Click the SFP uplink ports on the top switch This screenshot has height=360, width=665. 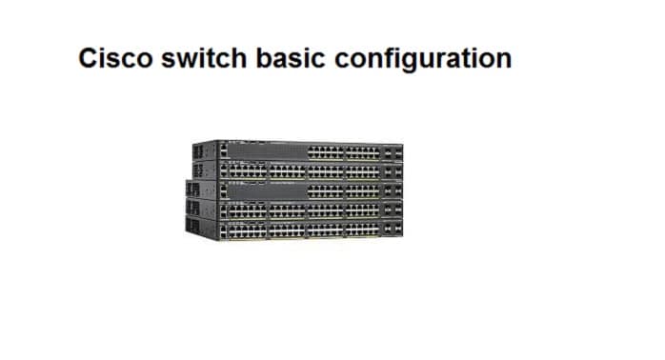[x=392, y=151]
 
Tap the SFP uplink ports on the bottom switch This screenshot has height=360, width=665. [x=392, y=230]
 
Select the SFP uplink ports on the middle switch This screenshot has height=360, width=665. [x=392, y=191]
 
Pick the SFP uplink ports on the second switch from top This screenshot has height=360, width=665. [x=392, y=171]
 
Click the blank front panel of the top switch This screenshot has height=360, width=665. [x=267, y=150]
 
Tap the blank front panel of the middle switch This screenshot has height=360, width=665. [x=267, y=190]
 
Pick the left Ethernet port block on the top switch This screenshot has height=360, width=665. [x=324, y=151]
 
